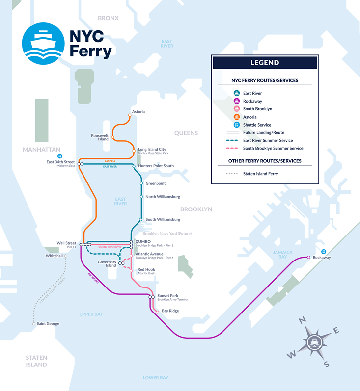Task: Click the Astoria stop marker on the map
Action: pos(130,116)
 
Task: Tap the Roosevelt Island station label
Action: pos(100,137)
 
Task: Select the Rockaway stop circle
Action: pos(308,257)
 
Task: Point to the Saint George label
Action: pos(48,324)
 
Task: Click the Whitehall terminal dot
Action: pos(65,256)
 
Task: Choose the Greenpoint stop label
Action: pos(155,183)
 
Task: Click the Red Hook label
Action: pos(146,270)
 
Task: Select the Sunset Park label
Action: pos(167,296)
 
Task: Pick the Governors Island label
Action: pos(107,263)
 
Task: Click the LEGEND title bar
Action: pos(264,63)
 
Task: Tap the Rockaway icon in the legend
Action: pos(236,101)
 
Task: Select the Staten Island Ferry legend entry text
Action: pos(263,174)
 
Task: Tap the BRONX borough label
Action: pos(108,18)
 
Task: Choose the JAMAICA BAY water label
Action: pos(283,254)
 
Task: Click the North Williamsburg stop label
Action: pos(163,197)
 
